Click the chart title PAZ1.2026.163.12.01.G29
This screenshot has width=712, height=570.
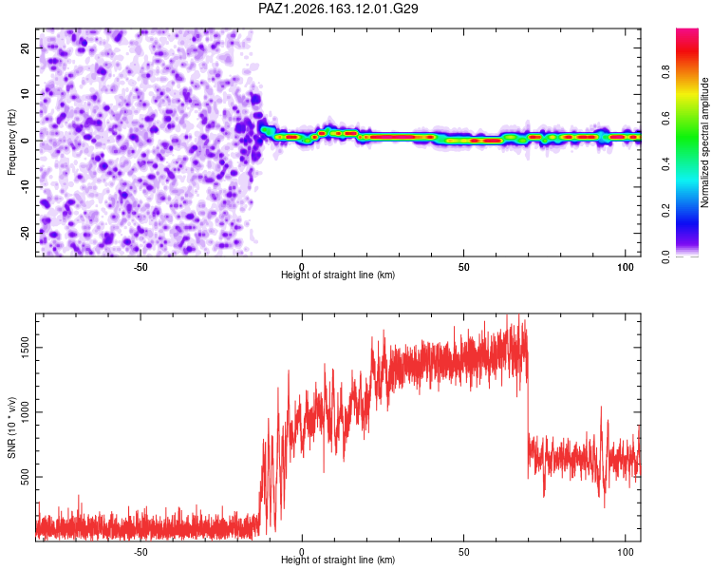click(x=338, y=9)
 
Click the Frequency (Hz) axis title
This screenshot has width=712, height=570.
click(x=11, y=142)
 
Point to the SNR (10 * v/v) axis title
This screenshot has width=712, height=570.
click(x=11, y=427)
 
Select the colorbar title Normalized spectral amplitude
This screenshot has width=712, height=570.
click(x=704, y=142)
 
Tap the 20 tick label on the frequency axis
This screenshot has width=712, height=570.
click(x=25, y=47)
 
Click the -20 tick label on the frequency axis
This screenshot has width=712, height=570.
click(x=25, y=233)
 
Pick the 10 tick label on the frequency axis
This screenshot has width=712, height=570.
click(x=25, y=94)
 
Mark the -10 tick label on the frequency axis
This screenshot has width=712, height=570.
click(x=25, y=187)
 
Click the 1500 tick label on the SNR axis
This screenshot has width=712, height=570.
click(x=25, y=348)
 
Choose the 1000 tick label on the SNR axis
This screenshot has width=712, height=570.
click(x=25, y=412)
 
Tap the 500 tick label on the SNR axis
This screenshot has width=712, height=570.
click(x=25, y=477)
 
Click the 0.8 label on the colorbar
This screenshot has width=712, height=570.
click(x=665, y=72)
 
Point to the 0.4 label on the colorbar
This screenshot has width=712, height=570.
click(x=665, y=164)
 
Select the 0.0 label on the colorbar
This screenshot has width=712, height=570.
click(x=665, y=256)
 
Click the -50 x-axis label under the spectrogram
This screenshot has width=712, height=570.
click(x=141, y=267)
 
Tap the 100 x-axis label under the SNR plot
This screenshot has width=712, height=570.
click(x=626, y=552)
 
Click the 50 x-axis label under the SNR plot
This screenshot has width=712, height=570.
click(x=463, y=552)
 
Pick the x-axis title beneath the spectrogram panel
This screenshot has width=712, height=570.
click(x=338, y=275)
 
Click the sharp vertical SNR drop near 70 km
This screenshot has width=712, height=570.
click(x=528, y=409)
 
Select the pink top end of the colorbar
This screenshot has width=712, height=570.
click(x=687, y=31)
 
